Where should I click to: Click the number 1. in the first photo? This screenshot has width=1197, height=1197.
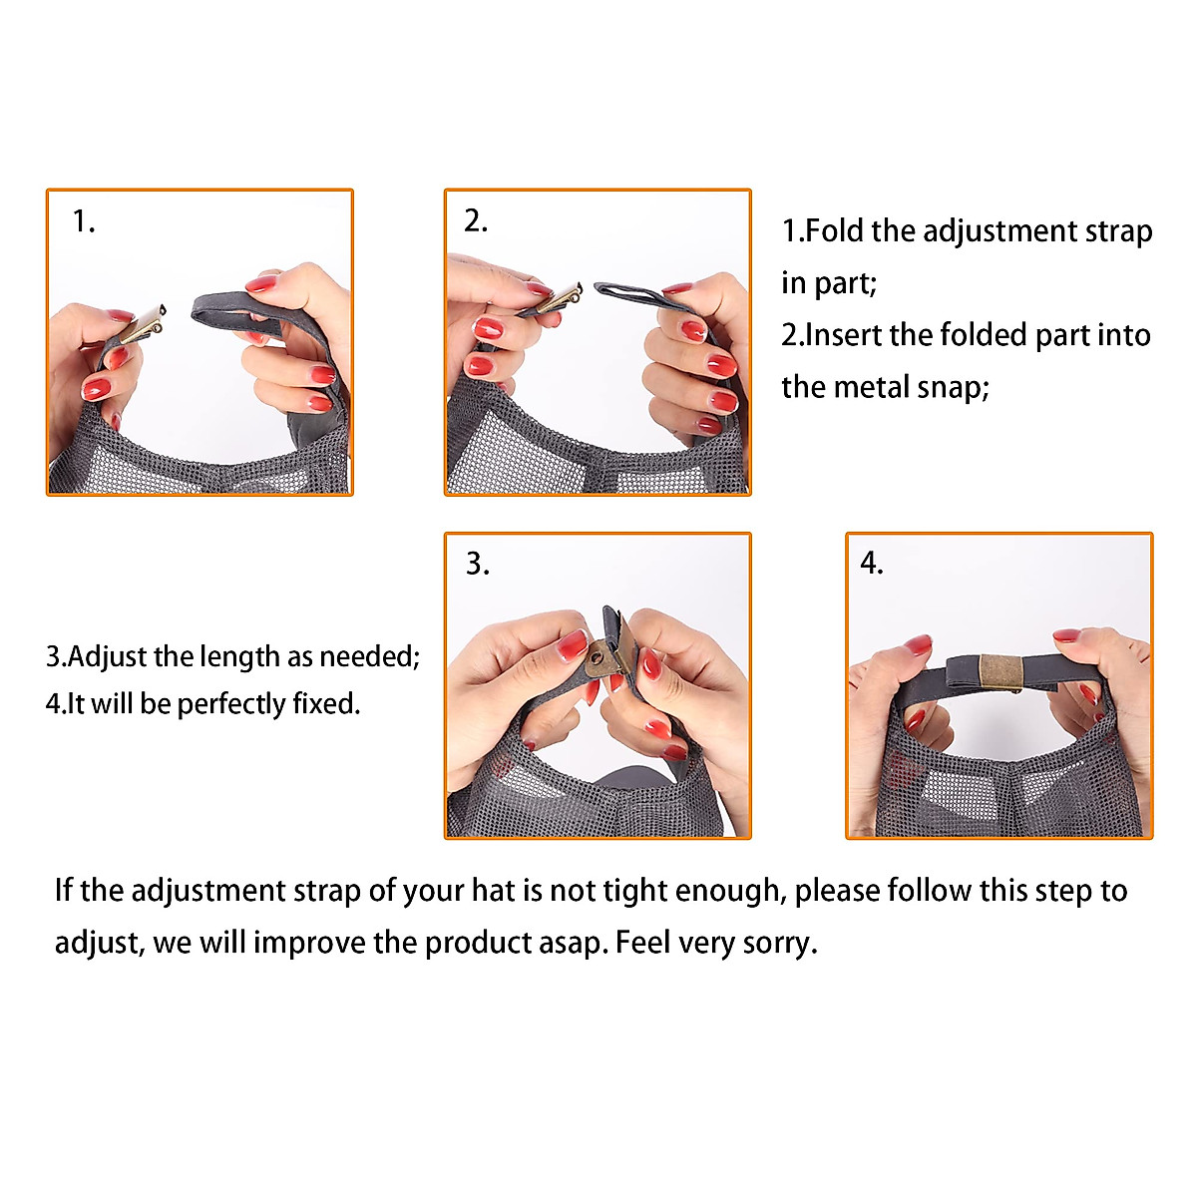84,221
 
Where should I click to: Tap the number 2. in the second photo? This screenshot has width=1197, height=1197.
476,221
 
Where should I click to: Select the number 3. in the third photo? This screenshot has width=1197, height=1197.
477,564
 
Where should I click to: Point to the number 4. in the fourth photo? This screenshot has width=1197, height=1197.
872,563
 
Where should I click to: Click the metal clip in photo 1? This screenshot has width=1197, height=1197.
144,323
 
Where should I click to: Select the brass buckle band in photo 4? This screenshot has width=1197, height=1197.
1000,672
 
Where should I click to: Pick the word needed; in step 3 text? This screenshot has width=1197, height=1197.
370,656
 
